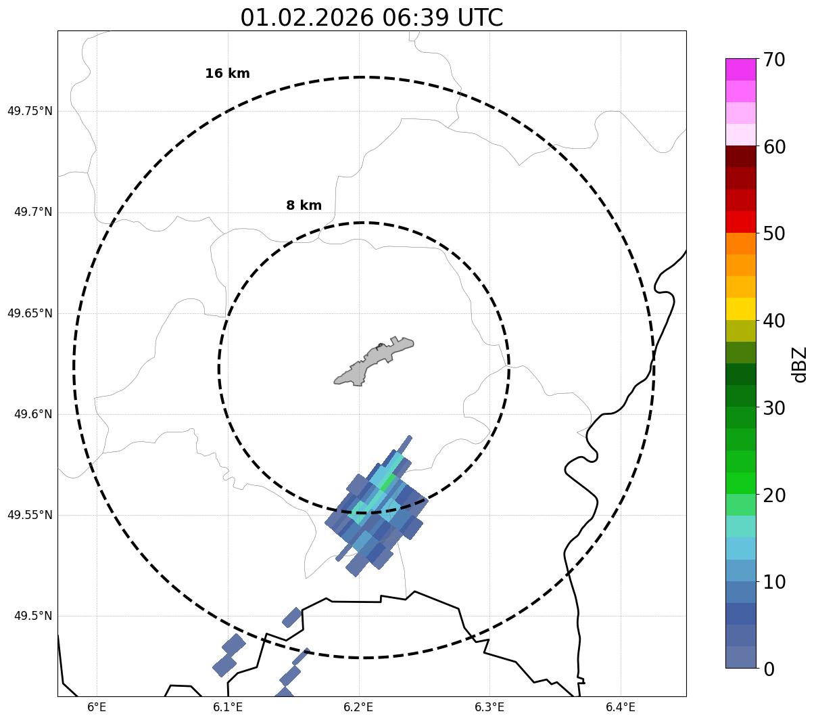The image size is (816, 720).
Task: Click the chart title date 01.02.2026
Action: [x=306, y=18]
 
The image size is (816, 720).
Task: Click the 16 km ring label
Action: [x=227, y=74]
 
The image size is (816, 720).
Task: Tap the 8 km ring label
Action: [x=304, y=206]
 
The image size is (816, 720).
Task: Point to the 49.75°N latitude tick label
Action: [x=30, y=111]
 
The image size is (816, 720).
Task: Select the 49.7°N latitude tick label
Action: [x=32, y=212]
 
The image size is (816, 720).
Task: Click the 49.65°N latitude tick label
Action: [x=30, y=313]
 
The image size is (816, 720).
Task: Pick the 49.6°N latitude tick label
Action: [x=32, y=414]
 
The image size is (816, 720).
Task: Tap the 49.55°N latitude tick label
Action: [x=30, y=515]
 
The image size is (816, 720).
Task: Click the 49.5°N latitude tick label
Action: [x=32, y=616]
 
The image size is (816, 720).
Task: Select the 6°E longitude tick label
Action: [x=97, y=707]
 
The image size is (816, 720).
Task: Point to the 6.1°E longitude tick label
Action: [x=228, y=707]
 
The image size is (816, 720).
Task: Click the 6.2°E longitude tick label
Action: [x=359, y=707]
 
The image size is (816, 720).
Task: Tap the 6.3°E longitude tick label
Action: [x=489, y=707]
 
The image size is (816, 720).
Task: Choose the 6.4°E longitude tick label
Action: [x=621, y=707]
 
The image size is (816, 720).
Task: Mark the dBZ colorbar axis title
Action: [x=800, y=364]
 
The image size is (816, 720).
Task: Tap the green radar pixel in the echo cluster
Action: [x=388, y=483]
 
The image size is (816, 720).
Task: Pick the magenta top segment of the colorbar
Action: [x=740, y=69]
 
